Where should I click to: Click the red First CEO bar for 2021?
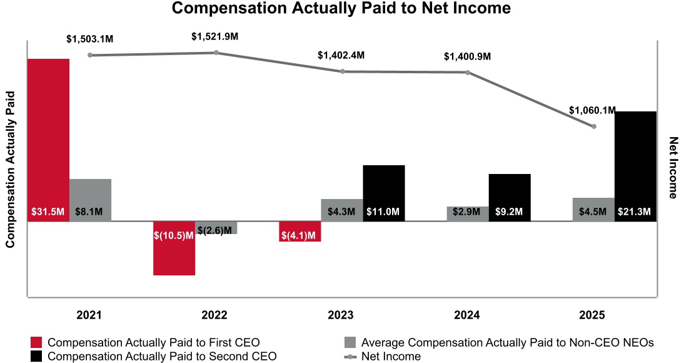pos(48,140)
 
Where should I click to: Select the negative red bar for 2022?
pos(174,248)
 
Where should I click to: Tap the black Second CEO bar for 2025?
pos(635,166)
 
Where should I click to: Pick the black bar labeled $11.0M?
pos(384,193)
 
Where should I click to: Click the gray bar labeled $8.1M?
pos(90,200)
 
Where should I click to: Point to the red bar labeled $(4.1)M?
pos(300,232)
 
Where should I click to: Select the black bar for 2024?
pos(510,197)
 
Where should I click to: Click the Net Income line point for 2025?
pos(594,126)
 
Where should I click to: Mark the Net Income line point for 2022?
pos(216,53)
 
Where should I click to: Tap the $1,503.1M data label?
pos(90,39)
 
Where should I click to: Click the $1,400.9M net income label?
pos(468,56)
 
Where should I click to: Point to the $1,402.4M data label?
pos(341,56)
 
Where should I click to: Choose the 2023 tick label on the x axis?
pos(341,315)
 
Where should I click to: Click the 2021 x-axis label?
pos(89,315)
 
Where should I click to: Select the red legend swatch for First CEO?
pos(37,342)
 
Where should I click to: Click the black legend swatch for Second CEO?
pos(37,356)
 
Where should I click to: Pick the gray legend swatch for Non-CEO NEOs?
pos(350,342)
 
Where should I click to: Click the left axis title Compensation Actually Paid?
pos(10,170)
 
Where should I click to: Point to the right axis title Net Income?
pos(674,168)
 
